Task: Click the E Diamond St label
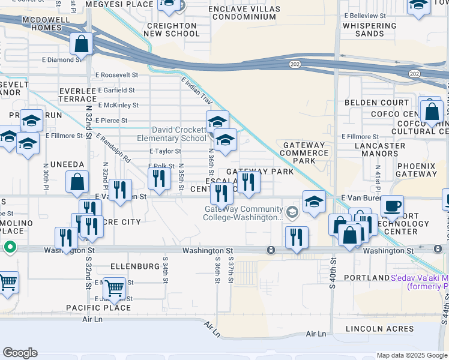[x=62, y=60]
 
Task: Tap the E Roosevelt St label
[x=116, y=75]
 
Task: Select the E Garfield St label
[x=115, y=90]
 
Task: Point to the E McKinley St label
[x=116, y=105]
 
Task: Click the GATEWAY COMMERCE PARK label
[x=304, y=153]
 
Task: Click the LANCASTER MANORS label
[x=380, y=149]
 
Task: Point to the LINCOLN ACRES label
[x=379, y=329]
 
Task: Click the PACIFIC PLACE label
[x=98, y=308]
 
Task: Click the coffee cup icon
[x=392, y=206]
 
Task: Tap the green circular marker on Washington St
[x=10, y=247]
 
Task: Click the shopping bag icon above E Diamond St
[x=81, y=44]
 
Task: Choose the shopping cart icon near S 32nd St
[x=113, y=287]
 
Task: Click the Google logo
[x=20, y=353]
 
